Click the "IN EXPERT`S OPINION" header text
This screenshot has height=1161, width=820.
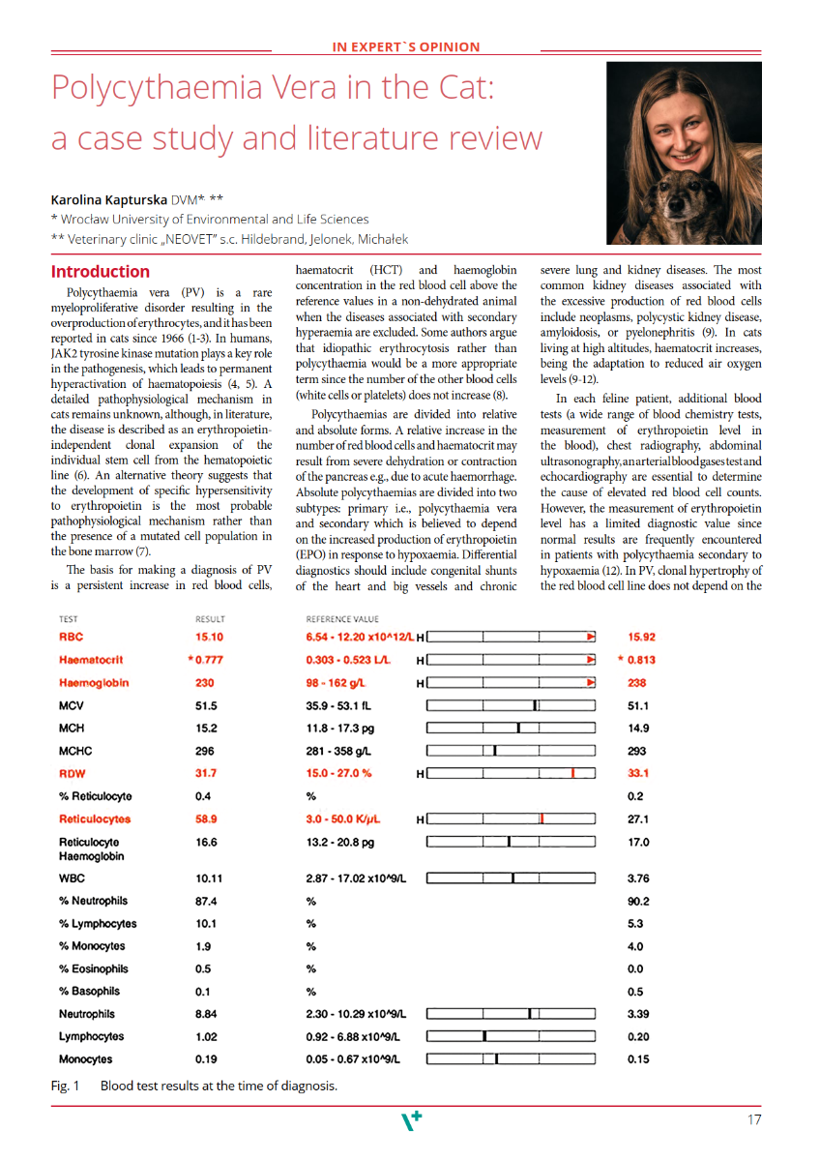coord(406,46)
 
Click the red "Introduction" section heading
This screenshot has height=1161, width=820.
coord(101,272)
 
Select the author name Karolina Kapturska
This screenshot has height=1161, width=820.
coord(110,199)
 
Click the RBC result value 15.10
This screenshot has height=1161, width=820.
coord(209,638)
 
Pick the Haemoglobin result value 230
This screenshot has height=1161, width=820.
coord(206,683)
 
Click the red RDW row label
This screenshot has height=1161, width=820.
coord(73,773)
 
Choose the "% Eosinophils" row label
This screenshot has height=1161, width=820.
coord(96,969)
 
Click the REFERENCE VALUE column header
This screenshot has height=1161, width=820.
coord(342,619)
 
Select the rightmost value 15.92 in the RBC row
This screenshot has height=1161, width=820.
coord(642,638)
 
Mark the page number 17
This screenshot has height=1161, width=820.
coord(754,1120)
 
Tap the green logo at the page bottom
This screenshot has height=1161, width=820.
coord(411,1121)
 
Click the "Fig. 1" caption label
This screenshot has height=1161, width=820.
coord(65,1086)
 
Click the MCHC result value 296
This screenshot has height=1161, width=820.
coord(206,751)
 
